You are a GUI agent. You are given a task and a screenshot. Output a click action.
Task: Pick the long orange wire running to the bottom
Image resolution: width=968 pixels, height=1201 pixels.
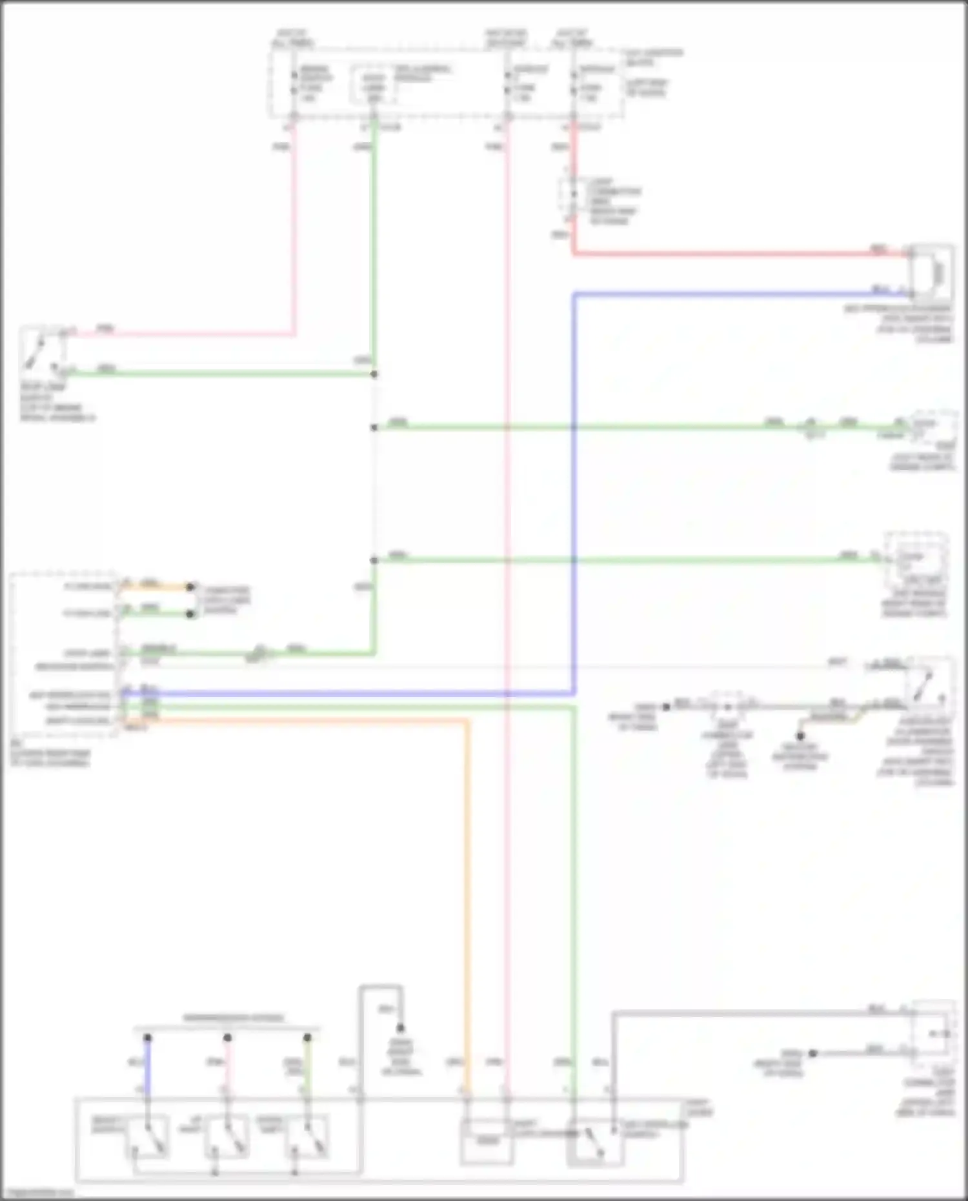point(467,903)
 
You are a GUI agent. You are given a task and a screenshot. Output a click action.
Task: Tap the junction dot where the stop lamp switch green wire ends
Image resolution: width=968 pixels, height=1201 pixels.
point(374,374)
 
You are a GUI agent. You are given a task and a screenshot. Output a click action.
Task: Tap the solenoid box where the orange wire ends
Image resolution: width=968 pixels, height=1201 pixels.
point(487,1142)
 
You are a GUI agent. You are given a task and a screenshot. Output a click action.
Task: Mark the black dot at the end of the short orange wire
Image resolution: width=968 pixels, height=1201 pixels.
point(190,587)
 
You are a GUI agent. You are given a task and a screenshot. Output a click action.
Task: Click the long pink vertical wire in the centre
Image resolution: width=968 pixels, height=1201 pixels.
point(507,581)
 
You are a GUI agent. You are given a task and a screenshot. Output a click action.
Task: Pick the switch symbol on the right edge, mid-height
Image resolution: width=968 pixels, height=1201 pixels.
point(928,688)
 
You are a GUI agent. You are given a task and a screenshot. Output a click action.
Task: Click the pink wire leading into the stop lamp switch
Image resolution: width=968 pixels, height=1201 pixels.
point(194,334)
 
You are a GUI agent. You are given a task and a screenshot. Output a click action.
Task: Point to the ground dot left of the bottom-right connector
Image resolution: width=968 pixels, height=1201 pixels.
point(813,1053)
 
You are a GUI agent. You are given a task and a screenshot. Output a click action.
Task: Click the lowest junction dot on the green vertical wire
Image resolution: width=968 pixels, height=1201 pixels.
point(374,560)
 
